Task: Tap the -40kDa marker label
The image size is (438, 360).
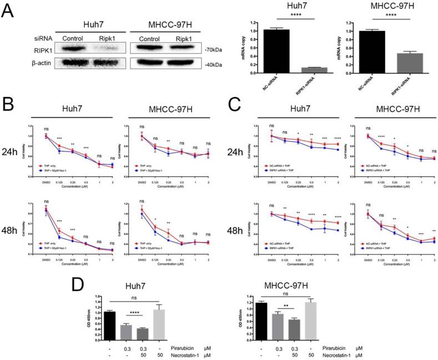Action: [213, 65]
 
